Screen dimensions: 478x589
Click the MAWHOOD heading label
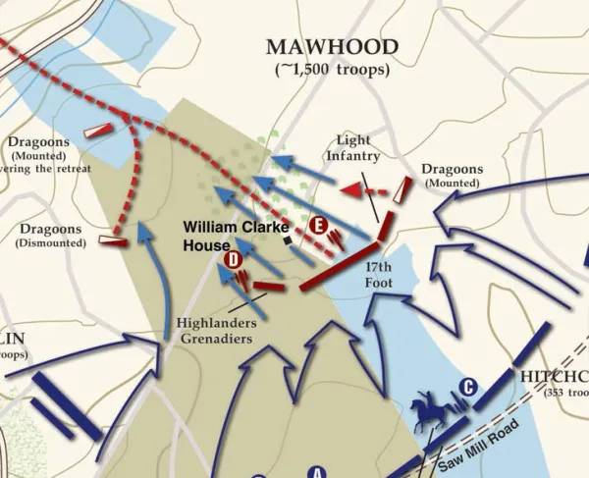pos(333,48)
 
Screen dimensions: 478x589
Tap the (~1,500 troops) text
pos(333,70)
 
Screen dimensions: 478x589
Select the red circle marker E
pos(318,225)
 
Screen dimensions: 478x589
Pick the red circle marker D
pos(234,260)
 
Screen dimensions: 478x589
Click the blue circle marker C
pos(468,387)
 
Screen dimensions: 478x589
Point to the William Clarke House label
pos(236,236)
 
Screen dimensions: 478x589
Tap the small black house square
pos(287,239)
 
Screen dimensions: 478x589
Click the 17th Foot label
pos(379,274)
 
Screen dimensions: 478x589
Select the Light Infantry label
pos(351,148)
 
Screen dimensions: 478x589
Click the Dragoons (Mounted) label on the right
pos(452,175)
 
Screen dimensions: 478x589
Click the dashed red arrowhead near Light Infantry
pos(348,189)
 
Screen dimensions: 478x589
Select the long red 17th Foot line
pos(339,262)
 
